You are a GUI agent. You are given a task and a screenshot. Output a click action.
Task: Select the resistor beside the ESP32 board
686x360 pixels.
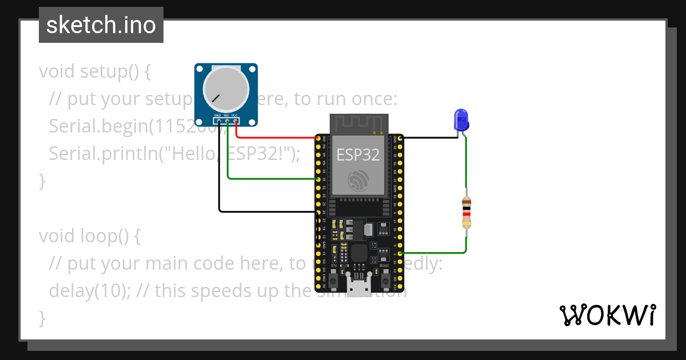[467, 212]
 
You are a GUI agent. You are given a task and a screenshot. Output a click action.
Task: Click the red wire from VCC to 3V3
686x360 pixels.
[274, 138]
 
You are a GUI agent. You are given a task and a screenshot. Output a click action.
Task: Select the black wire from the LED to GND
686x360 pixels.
[429, 138]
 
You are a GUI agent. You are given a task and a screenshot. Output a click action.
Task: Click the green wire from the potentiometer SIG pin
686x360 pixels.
[269, 179]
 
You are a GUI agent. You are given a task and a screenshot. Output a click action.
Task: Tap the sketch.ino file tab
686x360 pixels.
[101, 25]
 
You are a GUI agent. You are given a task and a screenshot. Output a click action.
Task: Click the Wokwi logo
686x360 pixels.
[607, 315]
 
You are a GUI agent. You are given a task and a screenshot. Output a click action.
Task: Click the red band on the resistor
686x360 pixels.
[467, 214]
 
